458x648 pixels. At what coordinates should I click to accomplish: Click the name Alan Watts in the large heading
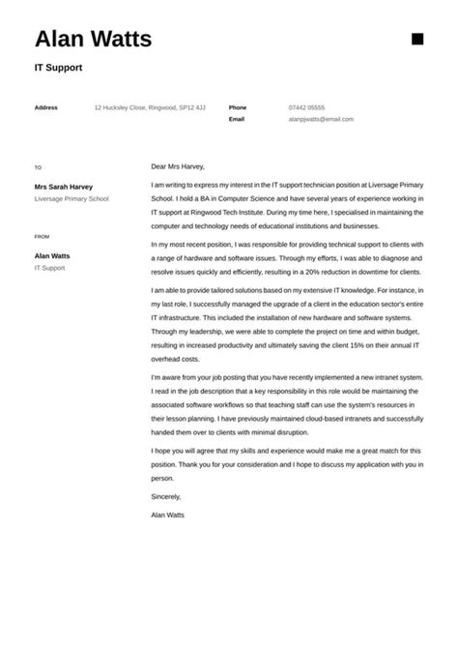[x=93, y=39]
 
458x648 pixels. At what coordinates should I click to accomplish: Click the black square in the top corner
[x=417, y=39]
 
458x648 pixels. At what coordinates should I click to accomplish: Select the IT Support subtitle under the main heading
[x=58, y=69]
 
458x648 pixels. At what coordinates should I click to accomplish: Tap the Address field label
[x=46, y=107]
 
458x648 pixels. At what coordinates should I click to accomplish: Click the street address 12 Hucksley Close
[x=150, y=107]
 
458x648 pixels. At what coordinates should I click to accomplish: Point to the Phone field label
[x=238, y=107]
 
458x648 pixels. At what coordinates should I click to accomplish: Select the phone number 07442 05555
[x=306, y=107]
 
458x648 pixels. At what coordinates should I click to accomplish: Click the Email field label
[x=237, y=119]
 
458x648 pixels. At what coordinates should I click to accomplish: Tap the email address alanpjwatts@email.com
[x=321, y=119]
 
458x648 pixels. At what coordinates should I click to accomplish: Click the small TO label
[x=38, y=167]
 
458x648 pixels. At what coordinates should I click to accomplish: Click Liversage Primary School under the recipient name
[x=72, y=199]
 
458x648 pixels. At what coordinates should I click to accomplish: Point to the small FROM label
[x=42, y=236]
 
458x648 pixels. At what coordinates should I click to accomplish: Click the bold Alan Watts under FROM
[x=59, y=256]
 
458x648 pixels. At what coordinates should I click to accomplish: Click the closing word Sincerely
[x=166, y=496]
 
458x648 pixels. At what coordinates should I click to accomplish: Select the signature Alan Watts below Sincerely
[x=168, y=515]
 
